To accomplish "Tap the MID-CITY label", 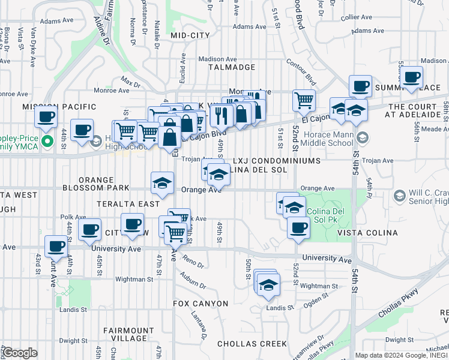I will point(190,36).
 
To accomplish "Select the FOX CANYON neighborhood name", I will point(200,304).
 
